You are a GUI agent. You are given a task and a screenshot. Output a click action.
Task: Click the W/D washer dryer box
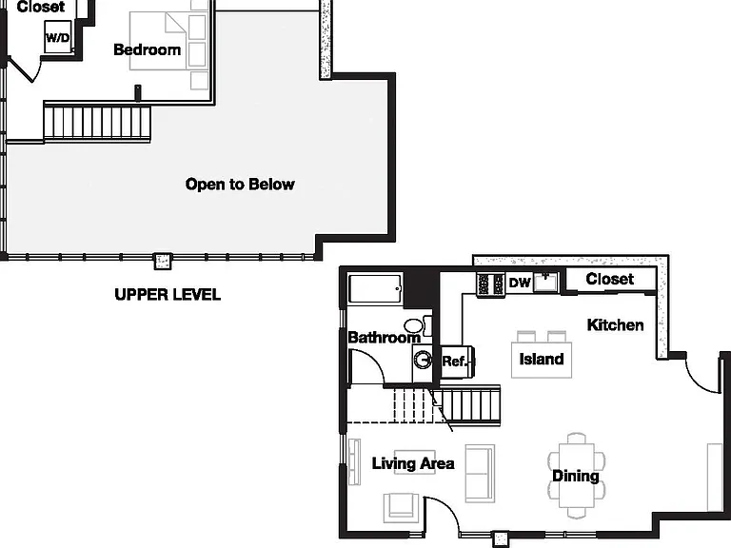pos(58,36)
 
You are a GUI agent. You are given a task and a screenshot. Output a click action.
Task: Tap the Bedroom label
pos(148,49)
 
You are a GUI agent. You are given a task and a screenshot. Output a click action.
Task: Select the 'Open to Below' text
pos(240,184)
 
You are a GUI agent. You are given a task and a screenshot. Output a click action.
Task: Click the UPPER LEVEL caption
pos(168,295)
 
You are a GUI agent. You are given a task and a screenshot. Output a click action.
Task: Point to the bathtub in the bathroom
pos(375,289)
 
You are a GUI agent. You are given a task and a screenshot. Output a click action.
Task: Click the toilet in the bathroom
pos(417,325)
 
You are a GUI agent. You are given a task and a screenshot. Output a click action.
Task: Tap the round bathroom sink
pos(423,361)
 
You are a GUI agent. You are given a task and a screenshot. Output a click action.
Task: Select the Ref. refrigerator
pos(457,362)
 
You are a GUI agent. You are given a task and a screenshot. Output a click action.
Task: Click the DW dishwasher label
pos(520,283)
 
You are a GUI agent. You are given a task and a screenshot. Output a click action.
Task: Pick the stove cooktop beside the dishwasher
pos(490,284)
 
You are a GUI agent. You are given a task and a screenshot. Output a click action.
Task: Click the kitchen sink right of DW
pos(545,282)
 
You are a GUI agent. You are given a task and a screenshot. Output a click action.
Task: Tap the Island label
pos(542,359)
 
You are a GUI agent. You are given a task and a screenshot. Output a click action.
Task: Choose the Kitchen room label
pos(616,324)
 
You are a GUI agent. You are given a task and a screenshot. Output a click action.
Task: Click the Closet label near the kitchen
pos(610,279)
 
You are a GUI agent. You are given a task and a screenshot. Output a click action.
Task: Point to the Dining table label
pos(576,476)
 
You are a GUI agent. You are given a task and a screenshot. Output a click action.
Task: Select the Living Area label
pos(413,463)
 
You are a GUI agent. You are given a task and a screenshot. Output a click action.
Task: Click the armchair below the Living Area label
pos(401,507)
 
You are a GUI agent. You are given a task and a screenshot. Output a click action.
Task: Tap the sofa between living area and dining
pos(480,474)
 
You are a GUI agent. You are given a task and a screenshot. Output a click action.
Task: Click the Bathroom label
pos(385,338)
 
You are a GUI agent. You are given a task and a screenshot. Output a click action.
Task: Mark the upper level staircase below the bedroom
pos(97,123)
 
